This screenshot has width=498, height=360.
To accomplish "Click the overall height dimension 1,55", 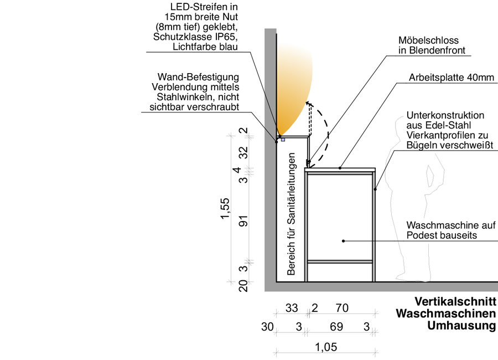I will (x=225, y=208).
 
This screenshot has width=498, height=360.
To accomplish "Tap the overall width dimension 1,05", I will (x=326, y=347).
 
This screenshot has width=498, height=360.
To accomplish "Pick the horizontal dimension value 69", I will (x=336, y=327).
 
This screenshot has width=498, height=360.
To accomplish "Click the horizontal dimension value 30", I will (x=267, y=327).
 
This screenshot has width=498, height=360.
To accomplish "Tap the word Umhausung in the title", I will (x=461, y=326).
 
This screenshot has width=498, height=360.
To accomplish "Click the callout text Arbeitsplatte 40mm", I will (x=451, y=78).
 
